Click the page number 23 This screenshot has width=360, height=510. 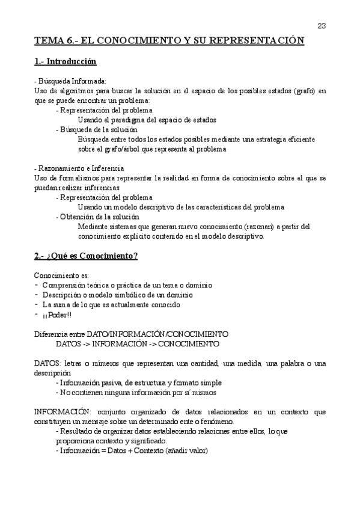(x=322, y=25)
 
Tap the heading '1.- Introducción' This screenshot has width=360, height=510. (x=66, y=62)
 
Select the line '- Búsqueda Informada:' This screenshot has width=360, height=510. (x=70, y=81)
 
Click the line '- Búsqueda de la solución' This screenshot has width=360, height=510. (x=96, y=129)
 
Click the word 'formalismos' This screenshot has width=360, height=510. (x=76, y=178)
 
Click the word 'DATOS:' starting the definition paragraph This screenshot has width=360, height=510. (x=47, y=363)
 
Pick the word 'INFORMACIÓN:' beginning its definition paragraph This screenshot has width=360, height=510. (x=62, y=412)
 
